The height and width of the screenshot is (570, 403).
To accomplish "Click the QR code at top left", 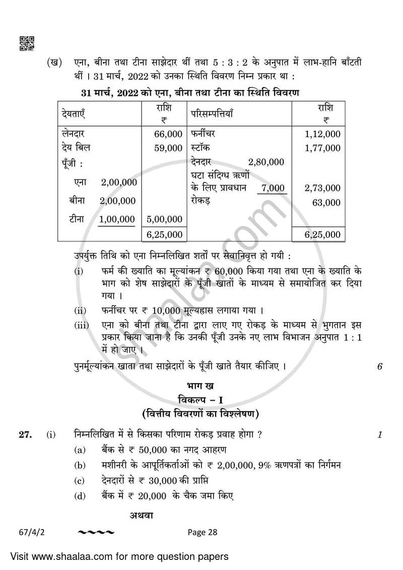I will [27, 43].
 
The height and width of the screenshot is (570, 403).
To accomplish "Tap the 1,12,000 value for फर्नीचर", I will [322, 134].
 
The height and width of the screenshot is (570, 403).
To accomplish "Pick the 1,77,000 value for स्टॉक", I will [322, 148].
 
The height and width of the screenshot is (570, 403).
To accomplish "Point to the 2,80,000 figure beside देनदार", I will [266, 162].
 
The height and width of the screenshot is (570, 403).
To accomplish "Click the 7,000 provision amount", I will [274, 188].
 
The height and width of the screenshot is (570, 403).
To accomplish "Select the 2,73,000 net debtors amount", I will [322, 188].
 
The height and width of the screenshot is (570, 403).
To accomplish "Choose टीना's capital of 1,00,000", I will [118, 219].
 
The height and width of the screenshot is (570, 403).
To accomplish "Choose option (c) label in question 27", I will [79, 480].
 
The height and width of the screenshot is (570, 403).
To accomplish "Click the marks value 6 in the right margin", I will [379, 367].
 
